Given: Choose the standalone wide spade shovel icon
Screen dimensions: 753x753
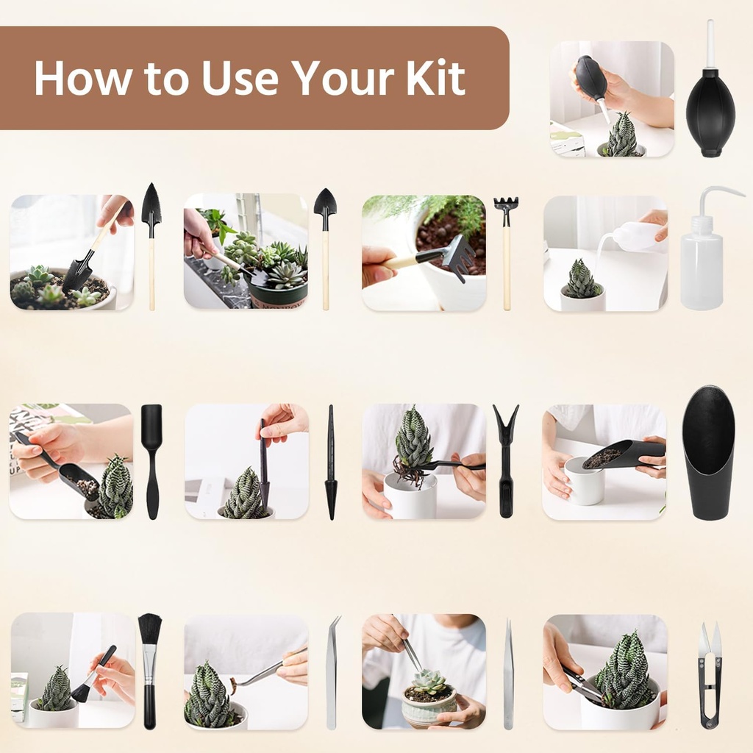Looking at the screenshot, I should [325, 246].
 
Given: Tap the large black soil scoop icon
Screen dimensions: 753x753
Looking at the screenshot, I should [708, 452].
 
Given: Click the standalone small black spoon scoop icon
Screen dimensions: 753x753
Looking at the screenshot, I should [151, 460].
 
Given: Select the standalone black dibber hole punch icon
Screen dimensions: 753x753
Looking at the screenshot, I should [331, 462].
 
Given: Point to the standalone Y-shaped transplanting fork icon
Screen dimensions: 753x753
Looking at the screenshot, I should [505, 459].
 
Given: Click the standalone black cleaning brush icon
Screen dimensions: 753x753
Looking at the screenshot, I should [150, 669].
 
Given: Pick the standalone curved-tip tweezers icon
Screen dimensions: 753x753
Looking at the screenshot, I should [333, 672].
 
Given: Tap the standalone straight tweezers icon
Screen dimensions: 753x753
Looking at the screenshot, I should [508, 674].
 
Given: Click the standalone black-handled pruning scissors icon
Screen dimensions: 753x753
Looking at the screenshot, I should [710, 674].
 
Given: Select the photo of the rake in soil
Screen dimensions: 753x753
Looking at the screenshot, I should [424, 253].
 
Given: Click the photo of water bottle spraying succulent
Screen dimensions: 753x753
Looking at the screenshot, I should [605, 253].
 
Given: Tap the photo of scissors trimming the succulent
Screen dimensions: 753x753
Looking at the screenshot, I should [605, 672].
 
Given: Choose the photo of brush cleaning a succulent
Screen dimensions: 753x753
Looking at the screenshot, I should [73, 671].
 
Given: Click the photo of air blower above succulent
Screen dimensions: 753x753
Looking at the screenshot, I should [612, 99].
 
